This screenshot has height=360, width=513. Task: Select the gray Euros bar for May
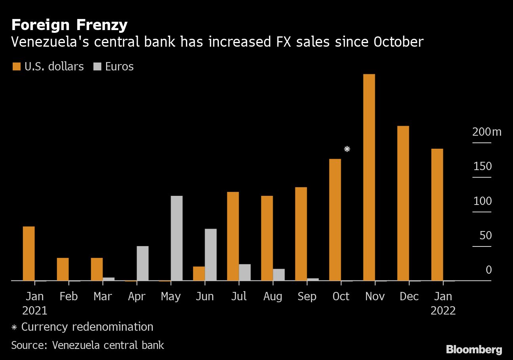tap(177, 238)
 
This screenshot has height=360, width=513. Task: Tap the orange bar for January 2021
tap(29, 253)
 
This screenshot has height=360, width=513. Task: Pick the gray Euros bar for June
tap(211, 254)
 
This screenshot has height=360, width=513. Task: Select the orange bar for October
tap(335, 220)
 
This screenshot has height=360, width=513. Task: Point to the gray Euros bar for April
tap(142, 263)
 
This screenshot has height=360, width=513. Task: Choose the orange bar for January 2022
tap(437, 214)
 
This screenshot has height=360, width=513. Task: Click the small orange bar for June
tap(199, 273)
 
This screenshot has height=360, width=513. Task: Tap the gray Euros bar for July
tap(245, 272)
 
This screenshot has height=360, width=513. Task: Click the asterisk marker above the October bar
tap(347, 149)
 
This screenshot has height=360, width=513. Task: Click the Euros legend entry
tap(113, 66)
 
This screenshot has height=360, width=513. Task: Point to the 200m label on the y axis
tap(486, 132)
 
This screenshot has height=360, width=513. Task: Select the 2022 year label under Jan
tap(443, 311)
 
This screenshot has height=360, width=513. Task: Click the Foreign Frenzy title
tap(69, 25)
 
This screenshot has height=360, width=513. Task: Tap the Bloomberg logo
tap(474, 349)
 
